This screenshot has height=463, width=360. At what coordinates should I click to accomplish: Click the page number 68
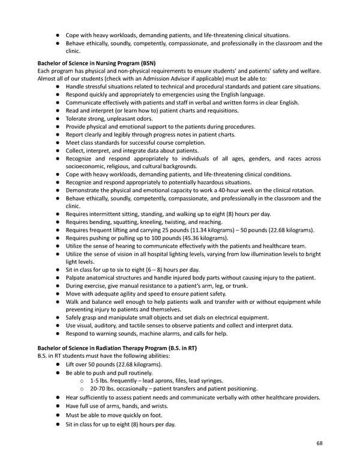click(x=319, y=444)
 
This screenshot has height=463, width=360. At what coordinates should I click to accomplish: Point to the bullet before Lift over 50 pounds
click(x=59, y=365)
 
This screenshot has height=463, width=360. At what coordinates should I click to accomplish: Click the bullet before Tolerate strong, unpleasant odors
click(x=59, y=119)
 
